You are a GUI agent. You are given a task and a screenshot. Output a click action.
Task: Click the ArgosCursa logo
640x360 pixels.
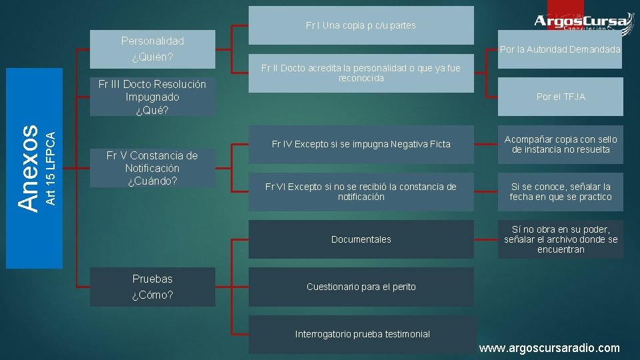[x=581, y=21]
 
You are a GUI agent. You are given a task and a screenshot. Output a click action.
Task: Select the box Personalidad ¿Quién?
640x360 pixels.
[x=152, y=49]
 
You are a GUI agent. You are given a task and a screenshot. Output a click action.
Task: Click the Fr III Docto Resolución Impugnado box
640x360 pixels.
[x=152, y=97]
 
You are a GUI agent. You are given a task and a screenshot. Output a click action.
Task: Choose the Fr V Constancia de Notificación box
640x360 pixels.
[x=152, y=167]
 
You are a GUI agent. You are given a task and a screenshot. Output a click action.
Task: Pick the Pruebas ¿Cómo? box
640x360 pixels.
[x=152, y=287]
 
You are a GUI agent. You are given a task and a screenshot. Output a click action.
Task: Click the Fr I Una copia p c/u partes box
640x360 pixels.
[x=361, y=25]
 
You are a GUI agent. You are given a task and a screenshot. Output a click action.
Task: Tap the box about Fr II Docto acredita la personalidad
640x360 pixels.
[x=361, y=73]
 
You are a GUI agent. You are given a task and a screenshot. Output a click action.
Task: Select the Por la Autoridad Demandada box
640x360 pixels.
[x=560, y=49]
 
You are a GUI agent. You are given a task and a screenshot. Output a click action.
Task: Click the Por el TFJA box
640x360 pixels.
[x=560, y=97]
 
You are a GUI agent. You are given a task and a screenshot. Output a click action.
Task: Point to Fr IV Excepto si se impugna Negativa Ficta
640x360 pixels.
[x=361, y=144]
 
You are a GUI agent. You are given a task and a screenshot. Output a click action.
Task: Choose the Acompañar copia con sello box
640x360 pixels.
[x=560, y=144]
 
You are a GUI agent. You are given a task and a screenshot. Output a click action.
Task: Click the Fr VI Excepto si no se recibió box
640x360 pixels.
[x=361, y=191]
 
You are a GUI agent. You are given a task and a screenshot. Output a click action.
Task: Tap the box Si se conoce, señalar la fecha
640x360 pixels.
[x=560, y=191]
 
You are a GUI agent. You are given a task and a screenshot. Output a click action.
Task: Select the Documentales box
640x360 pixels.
[x=361, y=239]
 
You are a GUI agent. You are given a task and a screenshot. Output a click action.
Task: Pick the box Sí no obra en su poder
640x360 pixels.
[x=560, y=239]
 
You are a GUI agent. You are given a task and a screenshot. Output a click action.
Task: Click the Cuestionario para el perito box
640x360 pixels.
[x=361, y=287]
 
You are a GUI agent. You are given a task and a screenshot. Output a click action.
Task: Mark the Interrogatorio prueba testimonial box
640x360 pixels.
[x=362, y=334]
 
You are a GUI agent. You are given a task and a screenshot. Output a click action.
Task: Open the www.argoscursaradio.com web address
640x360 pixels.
[x=549, y=348]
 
